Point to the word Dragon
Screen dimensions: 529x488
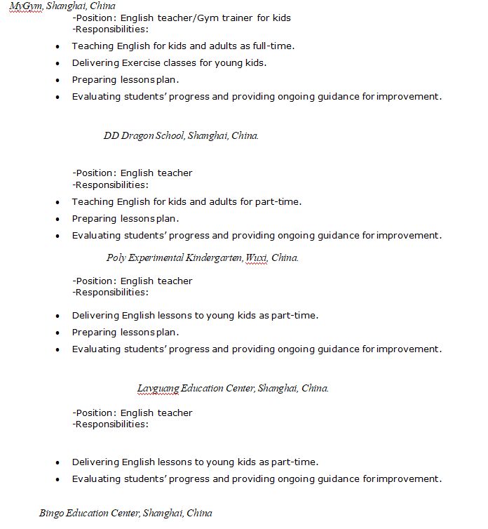(x=137, y=135)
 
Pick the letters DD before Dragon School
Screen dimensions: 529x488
(x=111, y=135)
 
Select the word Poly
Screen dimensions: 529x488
(x=116, y=257)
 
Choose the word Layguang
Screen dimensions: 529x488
(x=158, y=388)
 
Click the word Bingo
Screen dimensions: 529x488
(x=51, y=513)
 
